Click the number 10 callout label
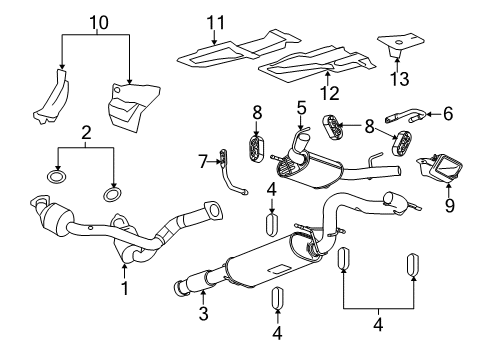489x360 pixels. tap(97, 21)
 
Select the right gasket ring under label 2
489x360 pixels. tap(112, 192)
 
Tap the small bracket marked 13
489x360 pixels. tap(398, 46)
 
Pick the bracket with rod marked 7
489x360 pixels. tap(232, 170)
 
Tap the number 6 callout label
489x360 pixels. tap(446, 113)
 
